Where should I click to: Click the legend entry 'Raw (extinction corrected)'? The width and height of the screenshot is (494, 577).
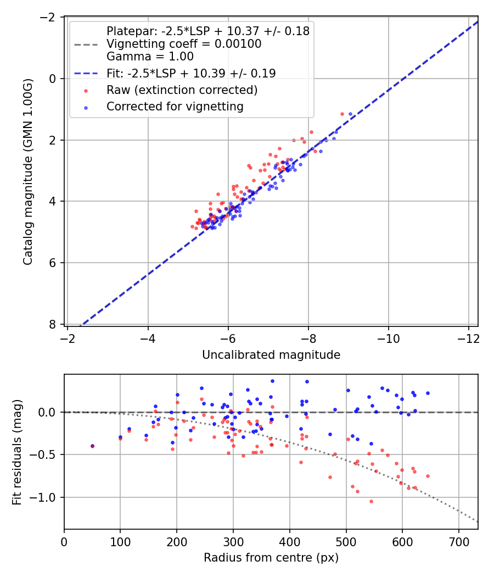pos(182,90)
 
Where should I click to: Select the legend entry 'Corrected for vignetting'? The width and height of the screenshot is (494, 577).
pos(175,107)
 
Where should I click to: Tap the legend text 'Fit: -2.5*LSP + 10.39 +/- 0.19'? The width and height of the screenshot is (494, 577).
pos(191,73)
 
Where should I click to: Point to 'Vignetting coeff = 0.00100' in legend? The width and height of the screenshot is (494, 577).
pos(184,44)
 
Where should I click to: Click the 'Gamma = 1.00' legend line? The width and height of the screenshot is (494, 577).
pos(150,56)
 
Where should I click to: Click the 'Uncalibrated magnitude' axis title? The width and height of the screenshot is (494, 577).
pos(271,355)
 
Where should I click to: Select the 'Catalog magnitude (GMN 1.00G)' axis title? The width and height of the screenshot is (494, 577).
pos(28,171)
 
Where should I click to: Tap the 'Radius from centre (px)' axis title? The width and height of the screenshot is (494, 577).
pos(271,558)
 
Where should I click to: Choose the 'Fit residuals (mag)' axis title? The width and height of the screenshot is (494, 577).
pos(17,452)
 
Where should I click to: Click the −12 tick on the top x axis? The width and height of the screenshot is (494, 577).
pos(468,338)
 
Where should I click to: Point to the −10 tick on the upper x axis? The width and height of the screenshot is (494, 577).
pos(389,338)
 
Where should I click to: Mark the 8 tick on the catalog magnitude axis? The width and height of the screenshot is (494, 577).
pos(53,324)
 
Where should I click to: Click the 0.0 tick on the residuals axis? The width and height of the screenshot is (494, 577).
pos(50,412)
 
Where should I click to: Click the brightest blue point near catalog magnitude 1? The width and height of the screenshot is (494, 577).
pos(350,114)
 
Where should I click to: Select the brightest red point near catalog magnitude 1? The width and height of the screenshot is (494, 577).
pos(342,114)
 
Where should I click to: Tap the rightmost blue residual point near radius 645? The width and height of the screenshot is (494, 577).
pos(428,393)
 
